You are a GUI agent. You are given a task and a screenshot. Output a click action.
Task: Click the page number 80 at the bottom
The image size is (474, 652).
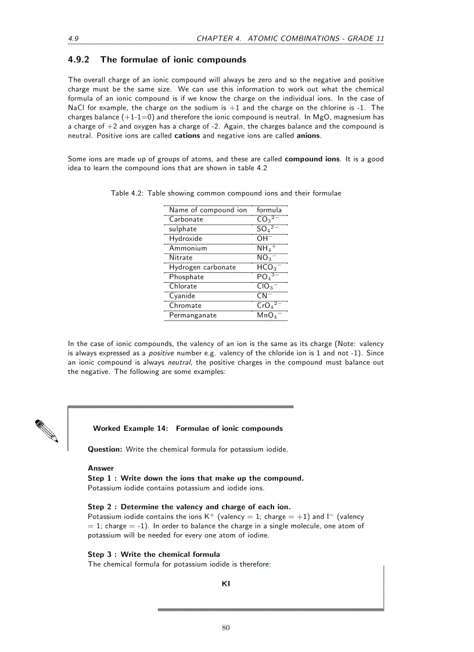pos(226,626)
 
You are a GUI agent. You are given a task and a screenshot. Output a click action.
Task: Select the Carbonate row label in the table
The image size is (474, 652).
pos(186,219)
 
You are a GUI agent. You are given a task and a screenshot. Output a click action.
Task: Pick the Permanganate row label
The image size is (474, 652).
pos(192,315)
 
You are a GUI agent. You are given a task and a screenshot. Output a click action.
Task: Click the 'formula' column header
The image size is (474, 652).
pos(269,210)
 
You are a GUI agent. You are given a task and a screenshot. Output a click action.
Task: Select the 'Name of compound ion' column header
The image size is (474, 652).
pos(207,210)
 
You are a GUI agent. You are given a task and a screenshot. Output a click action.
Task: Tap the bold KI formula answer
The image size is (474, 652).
pos(226,584)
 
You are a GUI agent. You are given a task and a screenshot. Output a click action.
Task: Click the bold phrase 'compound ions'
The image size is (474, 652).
pos(313,159)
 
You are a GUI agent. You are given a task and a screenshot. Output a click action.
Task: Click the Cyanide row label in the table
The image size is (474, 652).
pos(182,296)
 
